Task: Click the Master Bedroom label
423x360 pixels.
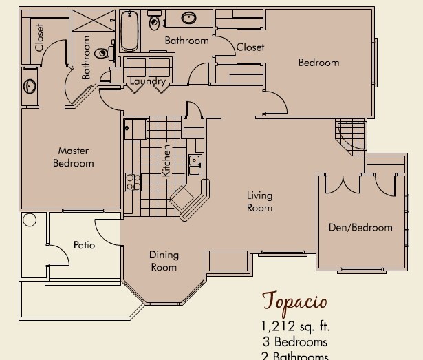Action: (73, 157)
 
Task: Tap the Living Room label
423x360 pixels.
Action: (259, 202)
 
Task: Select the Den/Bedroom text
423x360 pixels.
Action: (360, 227)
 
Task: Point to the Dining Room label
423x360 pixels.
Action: (163, 261)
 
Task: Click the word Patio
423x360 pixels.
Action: (84, 245)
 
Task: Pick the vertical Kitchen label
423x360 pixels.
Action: (166, 160)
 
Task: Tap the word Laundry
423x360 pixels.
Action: (148, 82)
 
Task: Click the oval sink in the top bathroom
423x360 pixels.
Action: (188, 18)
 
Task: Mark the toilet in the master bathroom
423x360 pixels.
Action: (103, 52)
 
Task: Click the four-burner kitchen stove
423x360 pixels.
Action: (133, 182)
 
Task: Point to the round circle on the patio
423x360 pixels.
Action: (30, 221)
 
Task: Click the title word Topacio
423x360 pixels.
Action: (294, 301)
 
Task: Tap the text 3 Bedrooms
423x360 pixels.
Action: (294, 341)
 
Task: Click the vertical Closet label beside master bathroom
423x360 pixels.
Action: (39, 38)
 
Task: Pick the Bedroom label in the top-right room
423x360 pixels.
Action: (318, 63)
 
